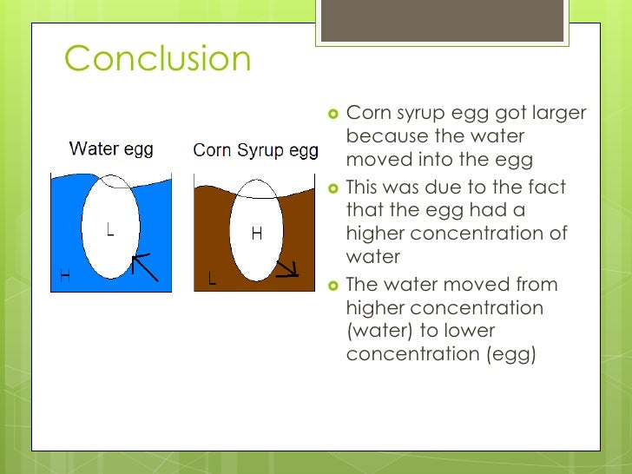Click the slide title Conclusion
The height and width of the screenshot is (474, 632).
[157, 59]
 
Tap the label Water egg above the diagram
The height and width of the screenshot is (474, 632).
[111, 148]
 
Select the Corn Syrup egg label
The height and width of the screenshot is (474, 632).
[255, 150]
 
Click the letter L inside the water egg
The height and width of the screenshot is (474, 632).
[110, 229]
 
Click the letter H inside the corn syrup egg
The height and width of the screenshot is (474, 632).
[256, 233]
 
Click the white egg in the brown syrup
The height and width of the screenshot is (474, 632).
[256, 230]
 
